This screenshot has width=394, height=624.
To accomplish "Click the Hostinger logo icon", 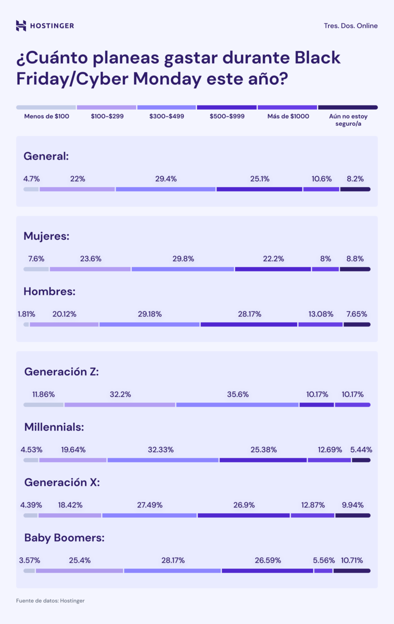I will pyautogui.click(x=21, y=25).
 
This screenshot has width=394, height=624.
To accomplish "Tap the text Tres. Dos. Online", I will pyautogui.click(x=350, y=25).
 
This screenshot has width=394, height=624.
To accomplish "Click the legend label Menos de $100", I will pyautogui.click(x=46, y=116).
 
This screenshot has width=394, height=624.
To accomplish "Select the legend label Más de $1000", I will pyautogui.click(x=288, y=116).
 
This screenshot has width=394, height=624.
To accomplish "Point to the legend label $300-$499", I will pyautogui.click(x=167, y=116).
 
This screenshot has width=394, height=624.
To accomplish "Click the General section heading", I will pyautogui.click(x=46, y=155).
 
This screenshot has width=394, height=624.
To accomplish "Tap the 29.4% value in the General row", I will pyautogui.click(x=166, y=179).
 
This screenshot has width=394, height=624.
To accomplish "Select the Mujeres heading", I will pyautogui.click(x=46, y=236).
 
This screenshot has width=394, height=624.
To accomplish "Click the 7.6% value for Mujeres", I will pyautogui.click(x=36, y=258).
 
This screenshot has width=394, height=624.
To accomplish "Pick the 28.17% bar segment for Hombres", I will pyautogui.click(x=248, y=324).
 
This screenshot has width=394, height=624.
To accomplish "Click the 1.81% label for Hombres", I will pyautogui.click(x=26, y=314).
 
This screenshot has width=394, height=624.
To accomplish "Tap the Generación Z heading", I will pyautogui.click(x=61, y=372).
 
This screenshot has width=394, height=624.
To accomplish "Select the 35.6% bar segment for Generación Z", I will pyautogui.click(x=237, y=405).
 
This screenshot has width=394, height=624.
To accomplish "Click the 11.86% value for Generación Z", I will pyautogui.click(x=43, y=394).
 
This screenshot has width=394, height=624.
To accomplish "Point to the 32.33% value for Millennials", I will pyautogui.click(x=162, y=449).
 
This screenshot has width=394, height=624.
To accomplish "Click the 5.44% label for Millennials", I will pyautogui.click(x=361, y=449).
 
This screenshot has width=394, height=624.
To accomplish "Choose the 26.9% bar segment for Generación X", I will pyautogui.click(x=243, y=515).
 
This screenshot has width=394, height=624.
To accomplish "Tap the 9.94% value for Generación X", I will pyautogui.click(x=352, y=505).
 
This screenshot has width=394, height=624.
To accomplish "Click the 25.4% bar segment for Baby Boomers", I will pyautogui.click(x=79, y=570).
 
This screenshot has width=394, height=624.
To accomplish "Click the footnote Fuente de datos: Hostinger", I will pyautogui.click(x=50, y=601).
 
